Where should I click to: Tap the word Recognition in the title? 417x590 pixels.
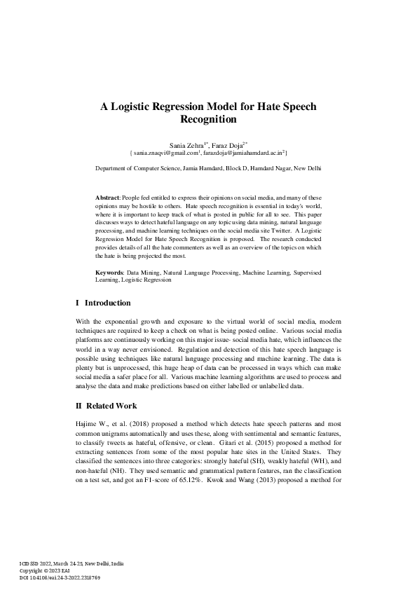point(208,120)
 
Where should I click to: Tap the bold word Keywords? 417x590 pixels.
point(110,270)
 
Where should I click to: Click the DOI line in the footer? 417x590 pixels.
point(61,577)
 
